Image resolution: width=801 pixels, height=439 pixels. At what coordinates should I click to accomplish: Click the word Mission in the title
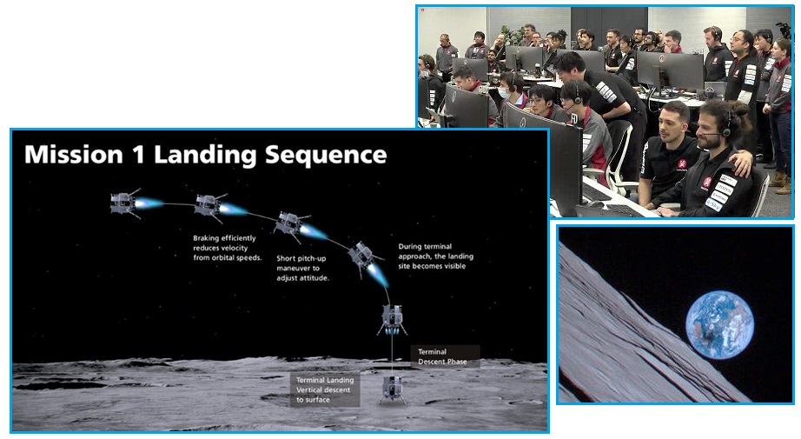pos(74,155)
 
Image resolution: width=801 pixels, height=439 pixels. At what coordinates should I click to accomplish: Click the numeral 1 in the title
pos(138,155)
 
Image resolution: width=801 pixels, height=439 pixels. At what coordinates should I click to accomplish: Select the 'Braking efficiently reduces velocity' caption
pos(227,248)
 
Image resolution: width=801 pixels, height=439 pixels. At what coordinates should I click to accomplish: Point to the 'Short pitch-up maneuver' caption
pos(302,269)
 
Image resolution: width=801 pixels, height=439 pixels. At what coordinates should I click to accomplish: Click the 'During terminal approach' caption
pos(436,256)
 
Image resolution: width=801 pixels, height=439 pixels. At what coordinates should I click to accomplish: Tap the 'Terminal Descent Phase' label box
pos(445,356)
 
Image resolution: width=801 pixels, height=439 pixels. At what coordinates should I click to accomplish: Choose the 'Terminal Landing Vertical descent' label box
pos(325,389)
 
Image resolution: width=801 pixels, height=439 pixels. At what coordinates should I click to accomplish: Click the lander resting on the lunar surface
pos(393,390)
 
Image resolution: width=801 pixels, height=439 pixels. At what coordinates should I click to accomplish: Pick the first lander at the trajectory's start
pos(124,203)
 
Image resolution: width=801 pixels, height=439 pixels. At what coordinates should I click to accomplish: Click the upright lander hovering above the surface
pos(393,319)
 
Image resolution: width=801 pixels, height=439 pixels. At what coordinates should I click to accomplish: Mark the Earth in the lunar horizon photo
pos(719,325)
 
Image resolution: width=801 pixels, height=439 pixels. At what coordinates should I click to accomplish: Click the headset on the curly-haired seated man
pos(724,126)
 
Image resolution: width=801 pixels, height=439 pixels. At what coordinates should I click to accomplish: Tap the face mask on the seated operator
pos(504,93)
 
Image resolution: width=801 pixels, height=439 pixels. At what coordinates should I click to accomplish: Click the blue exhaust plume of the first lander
pos(149,203)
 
